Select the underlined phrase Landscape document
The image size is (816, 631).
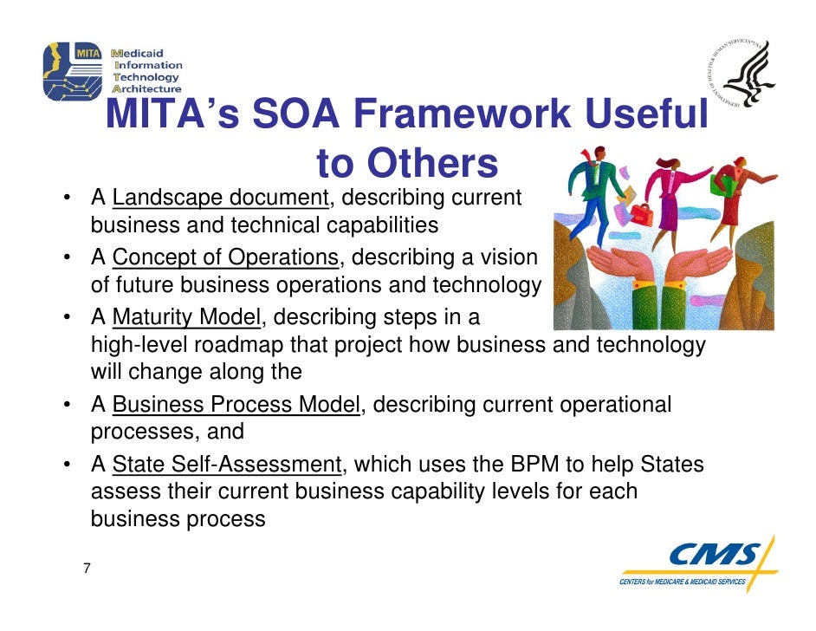pos(219,198)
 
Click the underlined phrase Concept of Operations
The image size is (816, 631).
pos(225,257)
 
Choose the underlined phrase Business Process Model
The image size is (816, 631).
pos(236,405)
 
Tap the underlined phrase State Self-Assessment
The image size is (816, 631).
pos(228,465)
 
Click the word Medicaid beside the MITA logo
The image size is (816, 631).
pos(146,51)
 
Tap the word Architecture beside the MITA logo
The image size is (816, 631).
pos(148,88)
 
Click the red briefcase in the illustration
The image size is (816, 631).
pos(642,212)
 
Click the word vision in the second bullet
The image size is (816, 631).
pos(507,257)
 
